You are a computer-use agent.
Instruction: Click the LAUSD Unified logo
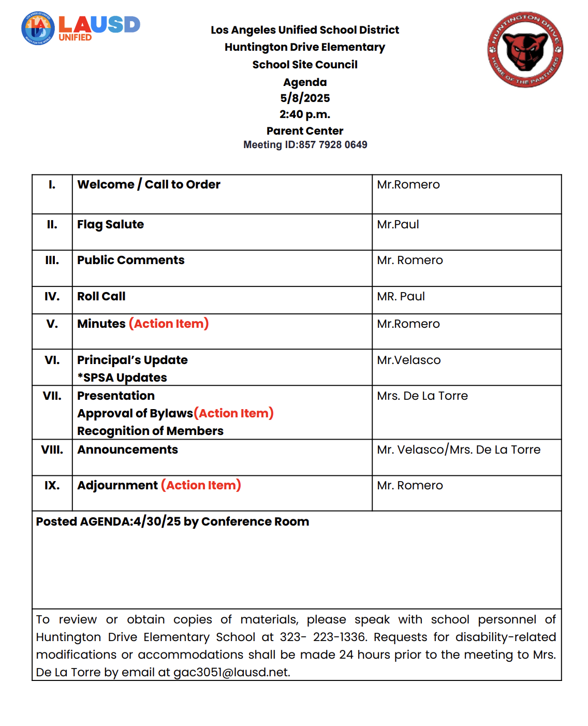point(81,28)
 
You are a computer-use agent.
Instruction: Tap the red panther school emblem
point(525,50)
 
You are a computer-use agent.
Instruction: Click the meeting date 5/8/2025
point(305,98)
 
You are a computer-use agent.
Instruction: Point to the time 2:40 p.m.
point(305,114)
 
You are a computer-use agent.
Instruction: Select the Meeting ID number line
point(305,145)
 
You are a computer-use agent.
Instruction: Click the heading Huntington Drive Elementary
point(305,47)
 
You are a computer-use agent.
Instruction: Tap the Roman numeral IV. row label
point(52,296)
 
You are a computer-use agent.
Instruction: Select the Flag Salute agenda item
point(110,224)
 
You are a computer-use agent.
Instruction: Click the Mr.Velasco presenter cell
point(408,360)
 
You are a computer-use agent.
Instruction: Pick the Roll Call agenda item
point(101,296)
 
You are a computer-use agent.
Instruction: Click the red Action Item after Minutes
point(169,324)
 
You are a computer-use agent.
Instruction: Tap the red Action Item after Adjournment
point(201,485)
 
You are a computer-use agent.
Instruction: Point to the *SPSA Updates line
point(122,377)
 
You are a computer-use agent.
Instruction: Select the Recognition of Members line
point(150,431)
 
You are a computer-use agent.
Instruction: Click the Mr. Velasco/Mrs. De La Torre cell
point(459,449)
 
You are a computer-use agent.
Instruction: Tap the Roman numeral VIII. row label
point(52,449)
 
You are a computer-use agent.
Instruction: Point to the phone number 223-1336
point(339,637)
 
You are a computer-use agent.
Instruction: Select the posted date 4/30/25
point(157,521)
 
